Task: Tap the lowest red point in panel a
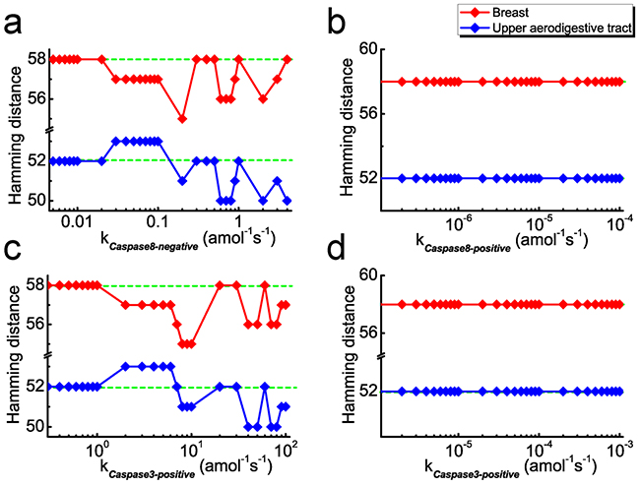click(x=182, y=118)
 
